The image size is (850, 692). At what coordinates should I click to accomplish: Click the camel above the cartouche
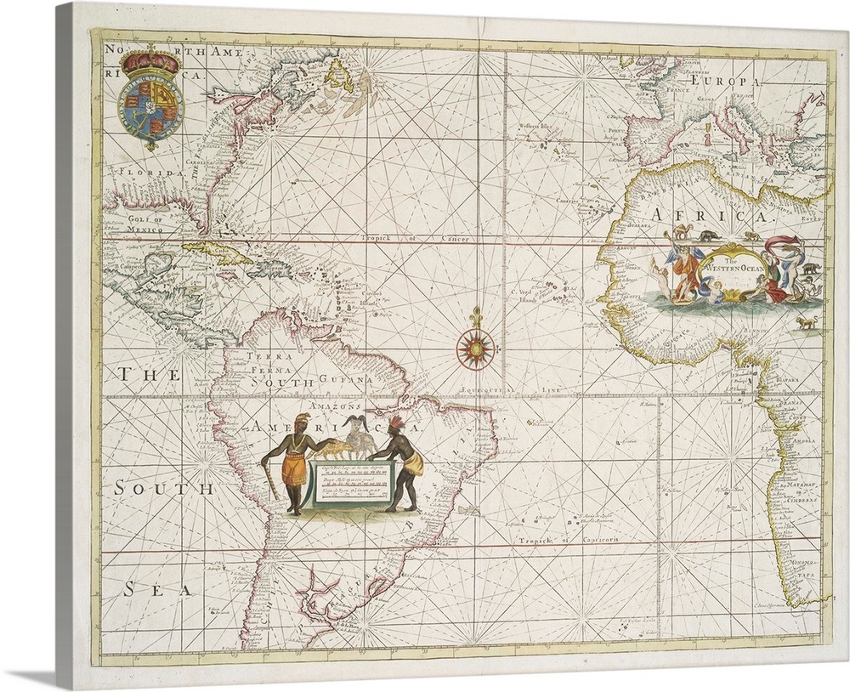[680, 233]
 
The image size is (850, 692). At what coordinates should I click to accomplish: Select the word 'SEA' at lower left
[159, 587]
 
